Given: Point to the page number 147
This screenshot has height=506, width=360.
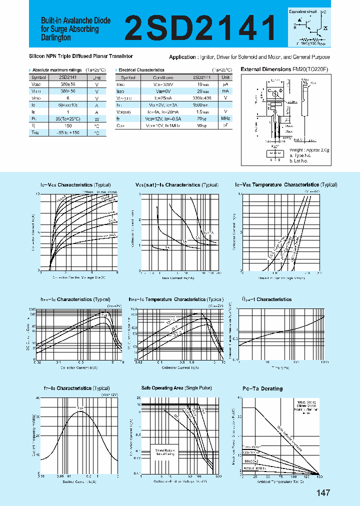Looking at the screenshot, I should [323, 493].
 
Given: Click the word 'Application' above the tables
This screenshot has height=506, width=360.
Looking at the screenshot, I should [182, 57].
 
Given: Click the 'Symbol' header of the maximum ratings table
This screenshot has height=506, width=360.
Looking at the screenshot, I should [38, 77].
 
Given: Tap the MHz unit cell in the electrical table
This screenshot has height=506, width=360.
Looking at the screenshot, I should [226, 118].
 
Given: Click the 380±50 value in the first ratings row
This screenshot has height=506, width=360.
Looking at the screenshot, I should [67, 85].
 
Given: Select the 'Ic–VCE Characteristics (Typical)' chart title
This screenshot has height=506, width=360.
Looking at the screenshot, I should [80, 185].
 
